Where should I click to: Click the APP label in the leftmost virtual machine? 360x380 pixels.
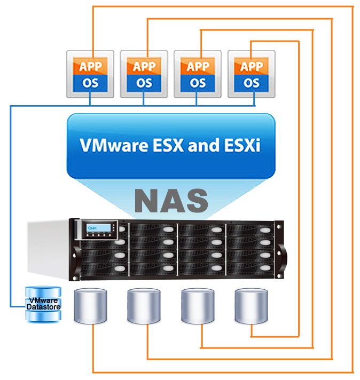(x=90, y=67)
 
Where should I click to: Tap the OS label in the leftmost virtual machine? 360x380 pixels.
(x=90, y=83)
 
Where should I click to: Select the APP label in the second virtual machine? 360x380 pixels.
(x=144, y=67)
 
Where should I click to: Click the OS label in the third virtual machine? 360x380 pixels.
(x=198, y=83)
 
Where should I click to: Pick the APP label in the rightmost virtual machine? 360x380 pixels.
(x=252, y=67)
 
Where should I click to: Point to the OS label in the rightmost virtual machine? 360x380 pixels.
(x=252, y=83)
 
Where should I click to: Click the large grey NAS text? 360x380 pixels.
(x=170, y=201)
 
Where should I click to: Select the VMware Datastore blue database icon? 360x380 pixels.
(x=44, y=305)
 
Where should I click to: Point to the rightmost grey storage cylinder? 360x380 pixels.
(x=252, y=306)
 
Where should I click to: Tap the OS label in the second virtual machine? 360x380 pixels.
(x=144, y=83)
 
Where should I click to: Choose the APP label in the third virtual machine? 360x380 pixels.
(x=198, y=67)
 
